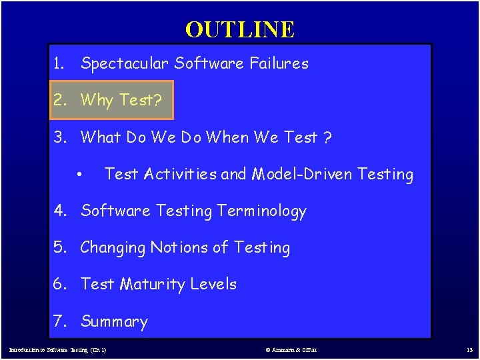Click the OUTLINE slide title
[x=240, y=29]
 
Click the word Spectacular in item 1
[x=125, y=64]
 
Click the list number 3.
[x=61, y=137]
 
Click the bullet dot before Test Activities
[x=79, y=175]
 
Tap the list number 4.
[x=61, y=211]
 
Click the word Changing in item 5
[x=113, y=248]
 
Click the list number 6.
[x=61, y=285]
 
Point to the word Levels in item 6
[x=213, y=285]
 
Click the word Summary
[x=114, y=322]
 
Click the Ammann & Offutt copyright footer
[x=291, y=349]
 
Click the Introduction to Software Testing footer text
[x=57, y=349]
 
